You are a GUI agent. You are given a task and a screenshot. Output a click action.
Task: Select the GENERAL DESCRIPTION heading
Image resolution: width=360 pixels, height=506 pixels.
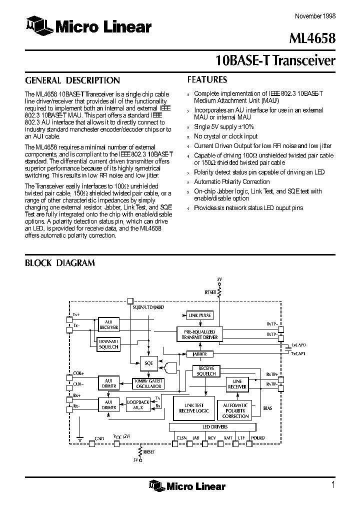click(x=72, y=80)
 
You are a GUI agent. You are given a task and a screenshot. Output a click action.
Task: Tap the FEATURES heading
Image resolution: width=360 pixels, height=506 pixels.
click(x=207, y=79)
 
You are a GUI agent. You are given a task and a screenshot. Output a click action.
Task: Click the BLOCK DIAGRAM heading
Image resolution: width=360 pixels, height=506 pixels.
click(x=60, y=262)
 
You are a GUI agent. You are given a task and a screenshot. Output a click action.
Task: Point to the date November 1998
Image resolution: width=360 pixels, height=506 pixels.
click(x=315, y=15)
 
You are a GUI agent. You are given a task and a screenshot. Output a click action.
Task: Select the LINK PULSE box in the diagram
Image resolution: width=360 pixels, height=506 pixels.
click(x=199, y=315)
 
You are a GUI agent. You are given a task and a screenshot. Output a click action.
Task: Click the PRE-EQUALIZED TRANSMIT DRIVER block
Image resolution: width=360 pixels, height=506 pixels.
click(x=197, y=334)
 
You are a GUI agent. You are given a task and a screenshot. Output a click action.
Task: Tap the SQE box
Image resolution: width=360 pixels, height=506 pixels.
click(x=148, y=363)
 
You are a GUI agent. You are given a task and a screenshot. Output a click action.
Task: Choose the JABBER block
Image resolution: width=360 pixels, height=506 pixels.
click(x=199, y=353)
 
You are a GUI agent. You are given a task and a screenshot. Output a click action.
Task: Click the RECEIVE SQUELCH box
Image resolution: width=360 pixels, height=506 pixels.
click(x=205, y=371)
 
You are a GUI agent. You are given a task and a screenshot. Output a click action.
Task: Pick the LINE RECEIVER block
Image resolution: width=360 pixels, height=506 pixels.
click(x=237, y=384)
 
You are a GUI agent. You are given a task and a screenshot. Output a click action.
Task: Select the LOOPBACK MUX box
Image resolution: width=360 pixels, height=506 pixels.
click(x=138, y=404)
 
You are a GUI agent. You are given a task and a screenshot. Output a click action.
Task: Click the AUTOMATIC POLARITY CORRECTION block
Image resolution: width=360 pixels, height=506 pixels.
click(x=235, y=410)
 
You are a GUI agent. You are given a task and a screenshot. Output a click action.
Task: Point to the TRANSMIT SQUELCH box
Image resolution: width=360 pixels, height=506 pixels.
click(x=108, y=344)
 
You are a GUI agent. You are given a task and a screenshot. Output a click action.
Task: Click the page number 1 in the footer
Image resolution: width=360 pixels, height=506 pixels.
click(x=332, y=484)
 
